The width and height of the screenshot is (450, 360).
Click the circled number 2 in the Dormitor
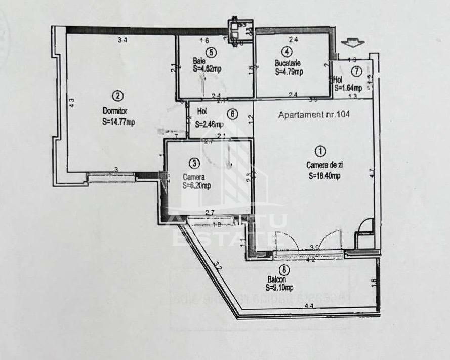(x=118, y=95)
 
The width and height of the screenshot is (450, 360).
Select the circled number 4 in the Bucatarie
(x=287, y=51)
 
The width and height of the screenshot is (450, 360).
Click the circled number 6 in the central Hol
(x=232, y=114)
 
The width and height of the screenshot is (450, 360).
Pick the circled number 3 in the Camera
(x=195, y=163)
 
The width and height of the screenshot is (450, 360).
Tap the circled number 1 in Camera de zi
(x=319, y=150)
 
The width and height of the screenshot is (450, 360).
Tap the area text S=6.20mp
(x=196, y=186)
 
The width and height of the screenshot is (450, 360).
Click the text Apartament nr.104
(x=314, y=115)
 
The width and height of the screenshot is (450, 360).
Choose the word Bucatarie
(x=288, y=64)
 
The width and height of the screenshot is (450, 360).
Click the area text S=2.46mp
(x=210, y=124)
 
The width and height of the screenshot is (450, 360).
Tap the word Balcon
(x=277, y=279)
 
